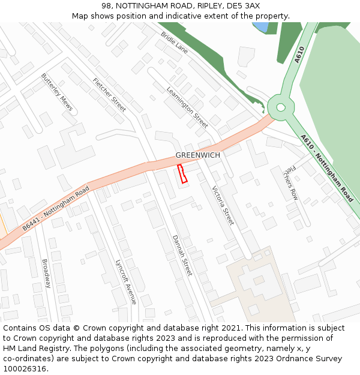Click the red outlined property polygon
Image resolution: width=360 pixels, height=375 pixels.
pos(182,173)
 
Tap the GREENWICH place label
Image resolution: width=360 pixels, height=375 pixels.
pos(197,155)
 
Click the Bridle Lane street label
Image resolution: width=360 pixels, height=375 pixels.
pos(174,43)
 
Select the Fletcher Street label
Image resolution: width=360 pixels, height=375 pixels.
pos(109,95)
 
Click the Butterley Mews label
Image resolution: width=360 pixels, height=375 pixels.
pos(57,92)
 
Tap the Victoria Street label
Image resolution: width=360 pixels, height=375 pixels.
pos(223,205)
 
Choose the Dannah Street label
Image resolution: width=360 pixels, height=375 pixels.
pos(182,255)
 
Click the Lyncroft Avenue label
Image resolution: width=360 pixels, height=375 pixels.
pos(126,281)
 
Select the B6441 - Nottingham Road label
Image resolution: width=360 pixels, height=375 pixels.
pos(56,209)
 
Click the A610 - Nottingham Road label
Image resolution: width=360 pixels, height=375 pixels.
pos(327,167)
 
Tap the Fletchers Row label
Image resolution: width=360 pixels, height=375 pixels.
pos(290,182)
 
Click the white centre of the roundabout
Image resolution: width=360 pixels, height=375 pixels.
pos(280,108)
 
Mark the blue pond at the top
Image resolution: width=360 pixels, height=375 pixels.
pos(260,27)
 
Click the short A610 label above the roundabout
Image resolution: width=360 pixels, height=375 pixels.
pos(300,55)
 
